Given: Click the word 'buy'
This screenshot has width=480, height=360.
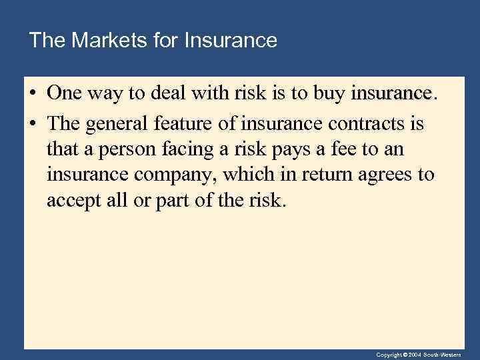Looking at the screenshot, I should tap(329, 94).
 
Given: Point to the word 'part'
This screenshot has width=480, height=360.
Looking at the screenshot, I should tap(171, 201).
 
